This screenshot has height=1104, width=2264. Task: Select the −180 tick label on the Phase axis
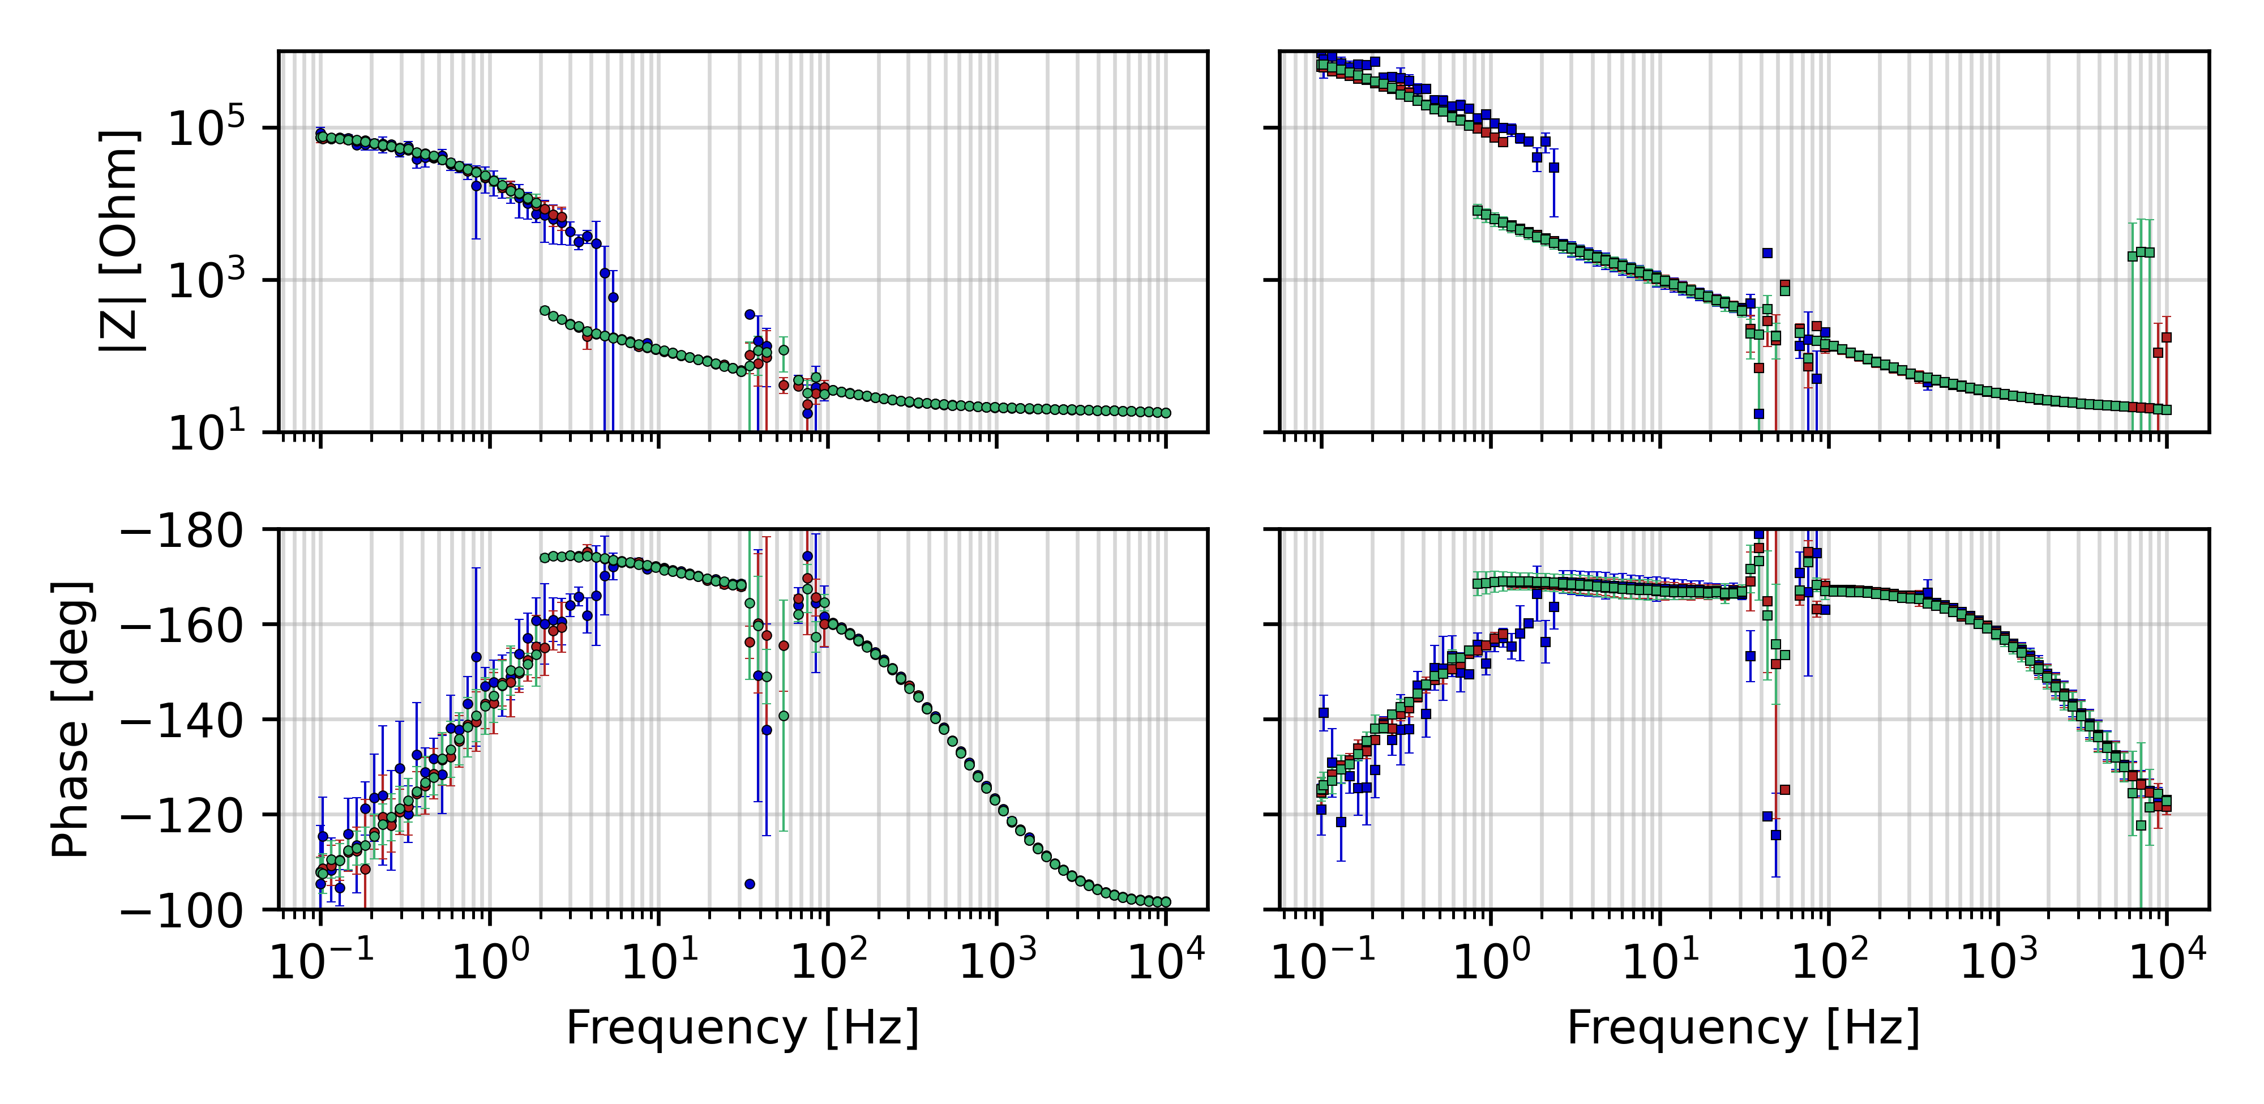[x=183, y=531]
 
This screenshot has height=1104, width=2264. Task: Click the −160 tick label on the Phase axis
[x=183, y=626]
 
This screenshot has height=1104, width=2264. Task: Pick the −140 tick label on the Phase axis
[x=183, y=721]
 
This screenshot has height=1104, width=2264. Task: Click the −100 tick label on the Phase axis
[x=183, y=910]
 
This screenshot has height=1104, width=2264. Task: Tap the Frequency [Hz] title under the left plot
[x=743, y=1028]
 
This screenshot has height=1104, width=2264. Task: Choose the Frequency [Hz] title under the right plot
[x=1744, y=1028]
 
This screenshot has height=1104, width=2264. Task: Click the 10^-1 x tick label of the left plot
[x=322, y=961]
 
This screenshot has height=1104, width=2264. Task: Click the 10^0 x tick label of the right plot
[x=1491, y=961]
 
